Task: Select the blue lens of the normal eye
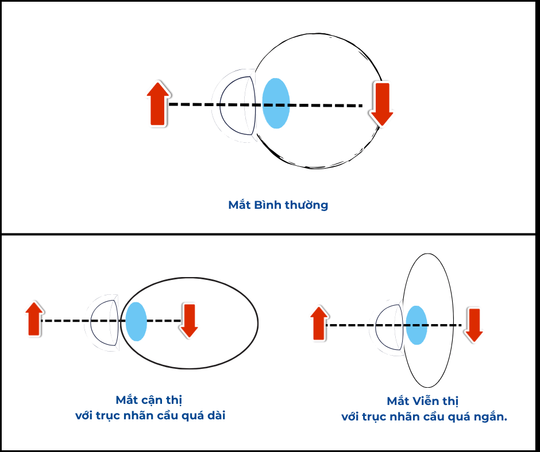276,103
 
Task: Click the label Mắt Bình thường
278,205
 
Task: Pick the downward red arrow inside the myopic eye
188,320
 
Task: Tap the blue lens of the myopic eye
136,321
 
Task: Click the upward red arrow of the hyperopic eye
319,324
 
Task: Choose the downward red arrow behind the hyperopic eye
475,325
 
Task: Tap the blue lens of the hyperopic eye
416,325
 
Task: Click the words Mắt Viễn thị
422,401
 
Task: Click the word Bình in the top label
265,205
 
